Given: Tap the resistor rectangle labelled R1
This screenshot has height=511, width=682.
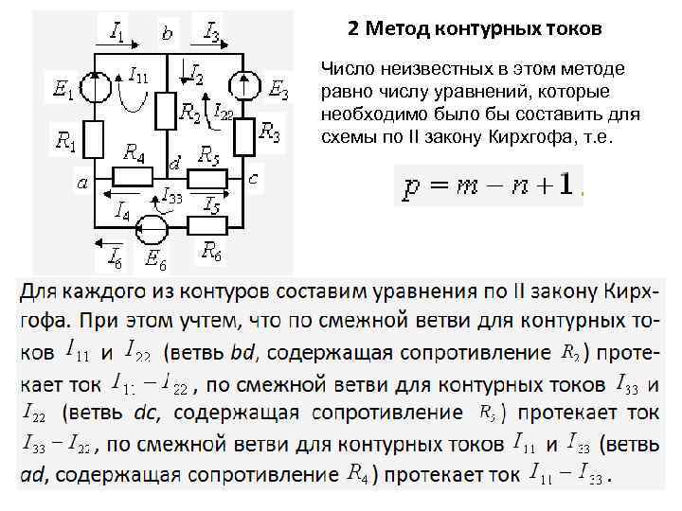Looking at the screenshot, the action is (94, 138).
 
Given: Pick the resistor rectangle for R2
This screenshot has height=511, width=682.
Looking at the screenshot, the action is (165, 112).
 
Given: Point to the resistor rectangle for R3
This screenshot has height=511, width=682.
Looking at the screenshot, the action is (243, 136).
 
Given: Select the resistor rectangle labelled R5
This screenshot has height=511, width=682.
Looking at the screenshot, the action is (206, 176).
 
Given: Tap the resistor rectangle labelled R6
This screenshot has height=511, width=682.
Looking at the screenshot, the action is (206, 226).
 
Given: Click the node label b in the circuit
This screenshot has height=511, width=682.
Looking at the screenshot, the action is (168, 35).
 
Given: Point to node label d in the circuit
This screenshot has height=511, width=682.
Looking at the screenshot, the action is (173, 164).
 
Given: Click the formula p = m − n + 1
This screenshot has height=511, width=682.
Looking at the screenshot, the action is (489, 185).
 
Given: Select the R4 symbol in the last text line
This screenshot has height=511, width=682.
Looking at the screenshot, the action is (358, 472).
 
